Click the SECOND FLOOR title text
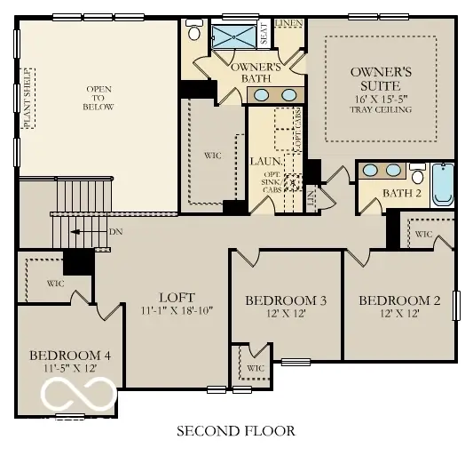[235, 431]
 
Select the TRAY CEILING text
[380, 109]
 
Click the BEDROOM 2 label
[399, 300]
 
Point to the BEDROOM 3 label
[286, 301]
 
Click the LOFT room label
[177, 298]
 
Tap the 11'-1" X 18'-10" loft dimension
[177, 312]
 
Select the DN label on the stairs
[115, 231]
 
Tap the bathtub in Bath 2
[442, 188]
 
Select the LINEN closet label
[288, 22]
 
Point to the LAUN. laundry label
[264, 162]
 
